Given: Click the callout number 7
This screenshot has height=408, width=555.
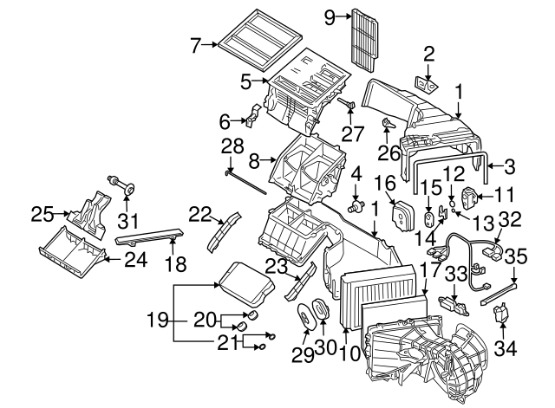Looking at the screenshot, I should pyautogui.click(x=195, y=43).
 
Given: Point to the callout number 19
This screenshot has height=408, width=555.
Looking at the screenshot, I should pyautogui.click(x=155, y=320).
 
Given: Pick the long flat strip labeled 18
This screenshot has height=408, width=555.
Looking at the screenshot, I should pyautogui.click(x=147, y=235).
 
